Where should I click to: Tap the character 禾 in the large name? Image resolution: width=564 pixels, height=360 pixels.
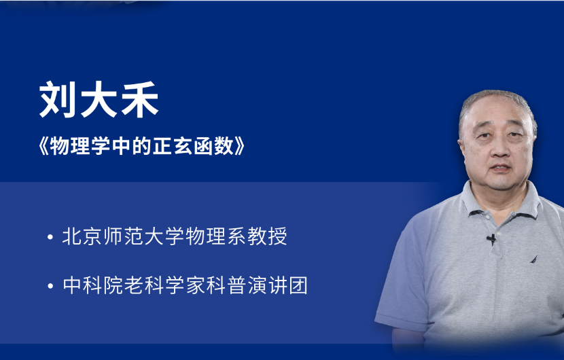pyautogui.click(x=140, y=99)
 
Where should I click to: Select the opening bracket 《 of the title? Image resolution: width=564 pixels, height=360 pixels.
pyautogui.click(x=43, y=146)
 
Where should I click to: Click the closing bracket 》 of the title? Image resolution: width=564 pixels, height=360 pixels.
pyautogui.click(x=240, y=146)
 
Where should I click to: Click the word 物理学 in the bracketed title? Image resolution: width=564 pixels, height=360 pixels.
pyautogui.click(x=80, y=146)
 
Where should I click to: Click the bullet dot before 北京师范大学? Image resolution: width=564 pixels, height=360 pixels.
pyautogui.click(x=50, y=237)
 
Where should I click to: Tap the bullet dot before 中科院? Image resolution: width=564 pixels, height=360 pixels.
pyautogui.click(x=50, y=286)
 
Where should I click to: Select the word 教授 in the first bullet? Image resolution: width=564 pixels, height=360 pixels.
pyautogui.click(x=267, y=236)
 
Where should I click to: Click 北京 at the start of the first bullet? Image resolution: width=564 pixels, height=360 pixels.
pyautogui.click(x=82, y=236)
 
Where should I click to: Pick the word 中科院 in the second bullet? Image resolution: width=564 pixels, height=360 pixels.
pyautogui.click(x=93, y=285)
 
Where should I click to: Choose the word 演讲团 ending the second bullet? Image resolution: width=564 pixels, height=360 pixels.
pyautogui.click(x=278, y=285)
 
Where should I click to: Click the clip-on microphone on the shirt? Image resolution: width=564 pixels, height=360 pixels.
pyautogui.click(x=492, y=239)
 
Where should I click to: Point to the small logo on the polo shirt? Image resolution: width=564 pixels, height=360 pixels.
pyautogui.click(x=534, y=259)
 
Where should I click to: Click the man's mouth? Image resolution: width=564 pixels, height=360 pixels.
pyautogui.click(x=500, y=167)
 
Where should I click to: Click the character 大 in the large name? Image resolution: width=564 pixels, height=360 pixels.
pyautogui.click(x=99, y=99)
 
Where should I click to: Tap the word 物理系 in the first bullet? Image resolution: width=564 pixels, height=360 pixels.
pyautogui.click(x=216, y=236)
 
